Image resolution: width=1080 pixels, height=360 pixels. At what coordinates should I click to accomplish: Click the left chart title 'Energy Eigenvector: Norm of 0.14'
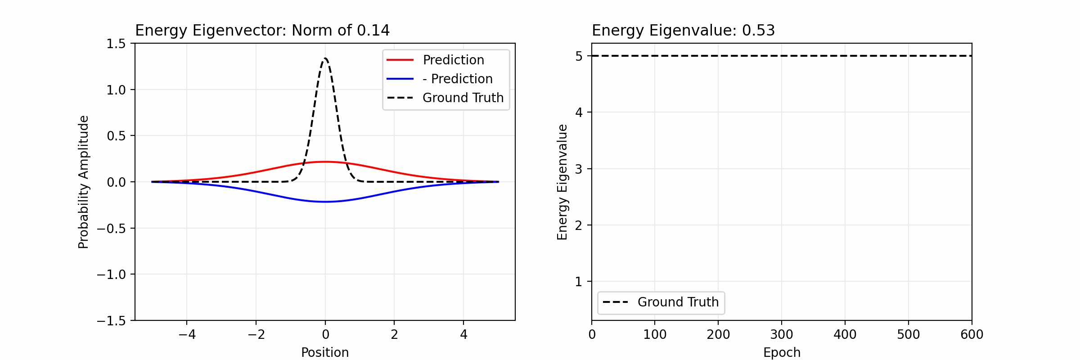[262, 31]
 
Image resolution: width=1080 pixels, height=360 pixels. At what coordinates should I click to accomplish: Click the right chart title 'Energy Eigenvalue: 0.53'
[683, 31]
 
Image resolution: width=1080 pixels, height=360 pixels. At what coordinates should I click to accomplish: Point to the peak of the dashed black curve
[325, 58]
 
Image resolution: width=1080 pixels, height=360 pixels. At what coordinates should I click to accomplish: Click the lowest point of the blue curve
[325, 202]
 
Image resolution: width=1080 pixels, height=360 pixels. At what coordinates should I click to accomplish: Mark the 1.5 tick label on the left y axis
[116, 44]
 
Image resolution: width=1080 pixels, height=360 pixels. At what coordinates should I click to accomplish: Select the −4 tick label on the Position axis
[187, 334]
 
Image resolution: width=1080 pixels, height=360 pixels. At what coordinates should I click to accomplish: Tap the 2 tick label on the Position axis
[394, 334]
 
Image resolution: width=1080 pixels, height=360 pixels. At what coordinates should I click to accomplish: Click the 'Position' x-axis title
[325, 352]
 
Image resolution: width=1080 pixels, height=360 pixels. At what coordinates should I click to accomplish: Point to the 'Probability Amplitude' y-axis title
[84, 182]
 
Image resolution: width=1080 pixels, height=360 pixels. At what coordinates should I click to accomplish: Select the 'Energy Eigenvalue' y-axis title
[562, 182]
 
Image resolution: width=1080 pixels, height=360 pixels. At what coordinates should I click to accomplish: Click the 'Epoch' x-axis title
[782, 352]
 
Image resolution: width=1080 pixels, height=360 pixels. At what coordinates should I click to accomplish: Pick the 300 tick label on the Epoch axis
[782, 334]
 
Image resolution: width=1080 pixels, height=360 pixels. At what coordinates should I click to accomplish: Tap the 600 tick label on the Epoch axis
[972, 334]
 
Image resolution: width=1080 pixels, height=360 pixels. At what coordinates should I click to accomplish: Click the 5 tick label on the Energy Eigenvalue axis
[579, 56]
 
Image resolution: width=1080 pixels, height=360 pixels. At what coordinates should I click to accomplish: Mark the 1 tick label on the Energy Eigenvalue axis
[579, 282]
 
